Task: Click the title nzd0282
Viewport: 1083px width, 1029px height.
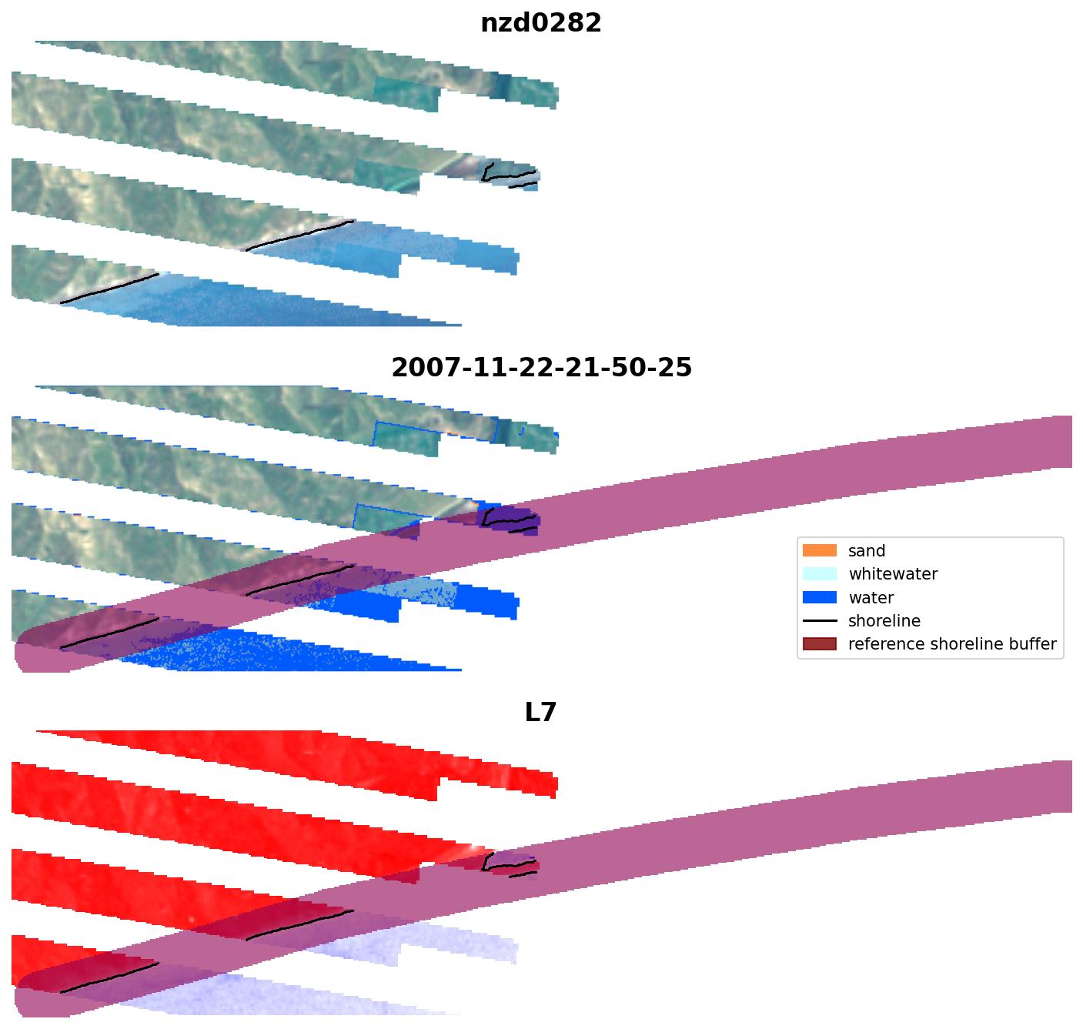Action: click(x=540, y=23)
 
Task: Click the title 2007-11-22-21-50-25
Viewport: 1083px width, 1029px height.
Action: click(x=541, y=368)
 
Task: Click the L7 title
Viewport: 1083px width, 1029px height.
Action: click(x=540, y=713)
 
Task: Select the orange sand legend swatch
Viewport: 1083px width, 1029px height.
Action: click(x=819, y=550)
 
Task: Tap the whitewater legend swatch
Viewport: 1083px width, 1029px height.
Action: click(x=819, y=574)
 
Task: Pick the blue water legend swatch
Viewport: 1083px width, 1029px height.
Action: click(x=819, y=597)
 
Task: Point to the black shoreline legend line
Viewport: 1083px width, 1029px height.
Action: click(x=819, y=621)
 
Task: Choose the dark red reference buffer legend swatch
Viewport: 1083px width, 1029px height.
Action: click(x=819, y=644)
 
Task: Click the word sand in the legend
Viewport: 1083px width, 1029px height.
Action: click(x=867, y=551)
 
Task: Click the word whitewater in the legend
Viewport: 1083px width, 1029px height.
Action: click(x=893, y=574)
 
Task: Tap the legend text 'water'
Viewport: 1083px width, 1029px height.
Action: click(x=871, y=598)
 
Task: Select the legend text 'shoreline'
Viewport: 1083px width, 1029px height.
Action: click(x=884, y=621)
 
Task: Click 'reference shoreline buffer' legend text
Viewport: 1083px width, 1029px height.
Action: click(x=952, y=644)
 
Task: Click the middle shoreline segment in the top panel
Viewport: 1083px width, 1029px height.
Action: click(x=300, y=235)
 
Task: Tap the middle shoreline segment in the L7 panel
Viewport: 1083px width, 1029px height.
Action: click(x=300, y=924)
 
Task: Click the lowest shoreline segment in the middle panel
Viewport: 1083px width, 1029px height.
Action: click(x=109, y=633)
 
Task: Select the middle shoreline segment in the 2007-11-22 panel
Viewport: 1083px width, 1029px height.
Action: click(x=300, y=580)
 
